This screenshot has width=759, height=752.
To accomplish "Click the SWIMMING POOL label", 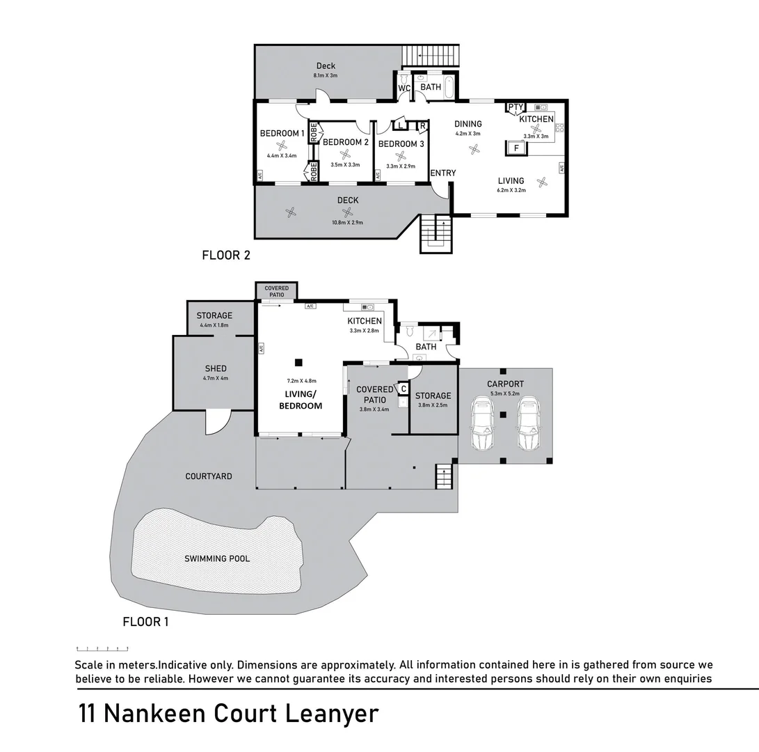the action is coord(217,558).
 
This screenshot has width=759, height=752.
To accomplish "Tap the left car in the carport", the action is coord(482,423).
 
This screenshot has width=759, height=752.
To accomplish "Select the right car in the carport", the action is coord(528,423).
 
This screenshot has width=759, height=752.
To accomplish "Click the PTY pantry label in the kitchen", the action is coord(516,107).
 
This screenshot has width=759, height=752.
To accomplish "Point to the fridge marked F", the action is coord(516,148).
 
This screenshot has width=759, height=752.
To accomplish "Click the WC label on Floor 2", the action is coord(404,88).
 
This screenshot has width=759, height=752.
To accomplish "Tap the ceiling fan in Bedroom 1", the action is coord(281,146).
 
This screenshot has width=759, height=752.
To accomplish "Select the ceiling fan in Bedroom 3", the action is coord(400,156).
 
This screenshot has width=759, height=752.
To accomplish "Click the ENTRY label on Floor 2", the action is coord(443,173).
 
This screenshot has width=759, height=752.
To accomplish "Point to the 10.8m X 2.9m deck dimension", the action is coord(347,222).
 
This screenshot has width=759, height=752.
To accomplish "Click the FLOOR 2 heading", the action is coord(226,256).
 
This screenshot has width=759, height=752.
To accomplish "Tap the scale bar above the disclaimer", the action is coord(102,648).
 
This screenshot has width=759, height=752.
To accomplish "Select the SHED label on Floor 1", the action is coord(216,369).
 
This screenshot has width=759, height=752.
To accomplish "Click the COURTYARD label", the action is coord(209,476).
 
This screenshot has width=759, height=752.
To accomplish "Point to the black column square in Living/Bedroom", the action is coord(298,362).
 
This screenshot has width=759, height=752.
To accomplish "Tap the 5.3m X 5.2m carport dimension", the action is coord(505,393).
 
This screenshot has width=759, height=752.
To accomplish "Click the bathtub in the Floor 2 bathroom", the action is coord(449,87).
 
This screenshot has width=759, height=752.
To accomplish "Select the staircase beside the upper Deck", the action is coord(431,56).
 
